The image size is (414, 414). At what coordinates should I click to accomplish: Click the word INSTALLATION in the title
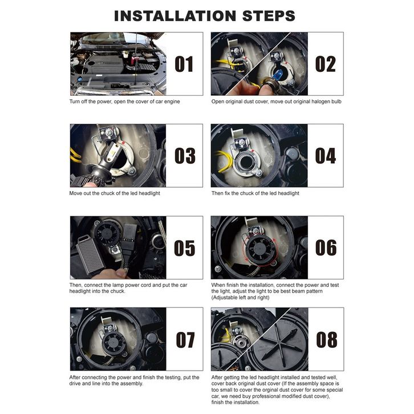tap(175, 16)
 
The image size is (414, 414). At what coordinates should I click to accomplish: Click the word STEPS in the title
tap(269, 16)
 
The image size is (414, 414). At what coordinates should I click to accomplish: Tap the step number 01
tap(184, 64)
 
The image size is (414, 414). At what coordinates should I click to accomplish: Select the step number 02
tap(325, 64)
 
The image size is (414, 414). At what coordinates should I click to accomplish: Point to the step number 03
tap(185, 156)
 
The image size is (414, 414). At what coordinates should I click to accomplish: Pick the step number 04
tap(326, 156)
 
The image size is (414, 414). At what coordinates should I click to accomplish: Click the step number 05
tap(185, 247)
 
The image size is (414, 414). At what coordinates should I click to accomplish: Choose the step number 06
tap(326, 247)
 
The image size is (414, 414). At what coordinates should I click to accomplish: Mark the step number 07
tap(185, 339)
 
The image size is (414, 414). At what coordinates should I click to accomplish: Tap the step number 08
tap(327, 339)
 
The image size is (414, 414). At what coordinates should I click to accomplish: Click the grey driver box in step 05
tap(91, 255)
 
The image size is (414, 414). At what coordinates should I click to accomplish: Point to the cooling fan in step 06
tap(259, 248)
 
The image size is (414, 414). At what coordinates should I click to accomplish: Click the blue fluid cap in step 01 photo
tap(80, 79)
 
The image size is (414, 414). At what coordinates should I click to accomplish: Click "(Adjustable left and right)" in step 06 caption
tap(240, 298)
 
